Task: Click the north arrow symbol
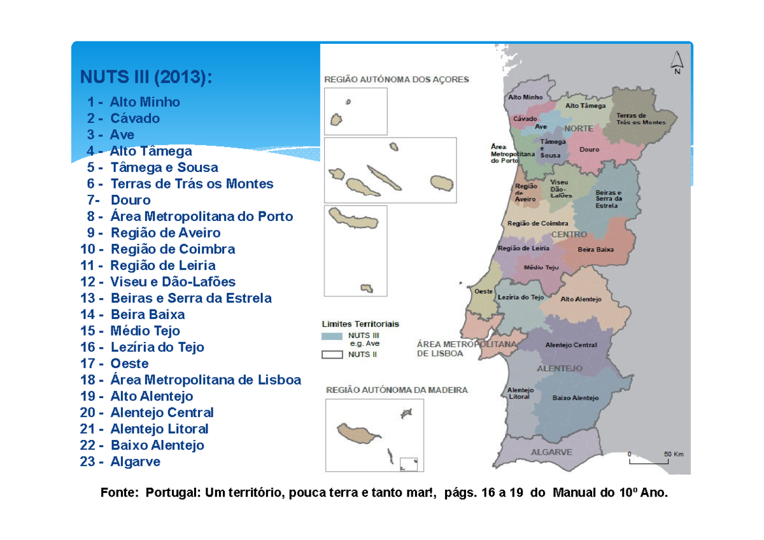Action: click(x=677, y=62)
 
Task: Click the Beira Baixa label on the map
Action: click(x=596, y=250)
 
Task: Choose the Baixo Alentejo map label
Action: click(x=576, y=398)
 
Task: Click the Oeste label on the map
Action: click(x=485, y=291)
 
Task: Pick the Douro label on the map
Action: click(x=590, y=150)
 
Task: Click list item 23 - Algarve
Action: click(x=120, y=462)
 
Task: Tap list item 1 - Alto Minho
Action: click(x=134, y=102)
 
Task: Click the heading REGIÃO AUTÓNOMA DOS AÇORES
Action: click(x=397, y=80)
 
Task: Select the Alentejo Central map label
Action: click(x=571, y=345)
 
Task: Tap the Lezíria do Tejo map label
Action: click(x=521, y=297)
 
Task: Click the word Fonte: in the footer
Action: click(x=119, y=492)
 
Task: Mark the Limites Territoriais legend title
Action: click(x=360, y=323)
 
